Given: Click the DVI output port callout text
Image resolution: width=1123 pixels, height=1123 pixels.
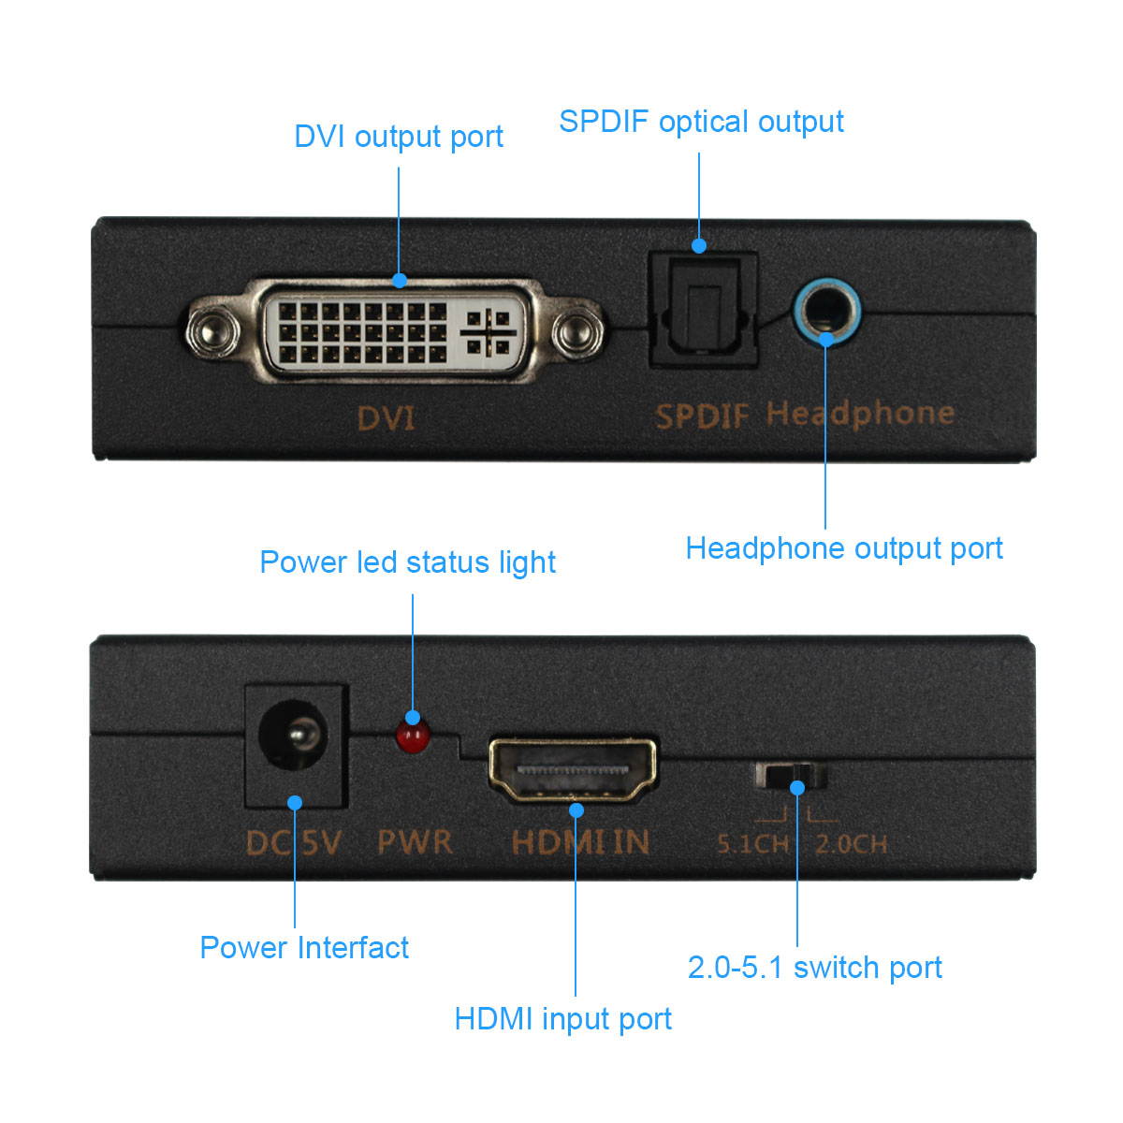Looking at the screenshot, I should coord(399,137).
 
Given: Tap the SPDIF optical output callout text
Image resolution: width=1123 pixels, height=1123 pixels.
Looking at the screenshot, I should coord(701,122).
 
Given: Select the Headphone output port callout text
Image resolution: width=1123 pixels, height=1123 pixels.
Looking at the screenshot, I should coord(844,548).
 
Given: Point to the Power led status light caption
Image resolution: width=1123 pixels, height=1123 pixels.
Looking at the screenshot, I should coord(407,562).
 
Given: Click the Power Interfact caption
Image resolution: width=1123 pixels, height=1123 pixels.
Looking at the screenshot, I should coord(304,948).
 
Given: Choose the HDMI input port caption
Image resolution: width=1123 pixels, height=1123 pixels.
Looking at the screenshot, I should coord(562,1019).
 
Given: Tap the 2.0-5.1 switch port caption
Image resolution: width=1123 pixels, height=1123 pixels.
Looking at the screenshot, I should coord(814,968).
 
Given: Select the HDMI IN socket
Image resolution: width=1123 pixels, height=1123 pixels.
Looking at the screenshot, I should coord(573,769).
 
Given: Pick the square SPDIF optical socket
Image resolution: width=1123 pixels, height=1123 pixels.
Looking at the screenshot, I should coord(702,309).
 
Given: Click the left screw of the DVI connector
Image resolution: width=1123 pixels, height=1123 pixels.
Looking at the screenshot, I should coord(210,331).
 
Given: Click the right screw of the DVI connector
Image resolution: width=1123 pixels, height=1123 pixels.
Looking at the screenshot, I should coord(574,331).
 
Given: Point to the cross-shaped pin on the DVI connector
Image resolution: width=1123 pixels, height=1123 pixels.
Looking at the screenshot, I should coord(487,332).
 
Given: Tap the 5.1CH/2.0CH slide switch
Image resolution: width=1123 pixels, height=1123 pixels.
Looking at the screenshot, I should coord(792,776).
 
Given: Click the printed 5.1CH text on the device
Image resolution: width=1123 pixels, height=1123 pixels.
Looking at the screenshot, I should coord(752,844).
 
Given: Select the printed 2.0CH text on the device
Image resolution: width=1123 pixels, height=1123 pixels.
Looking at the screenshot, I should coord(851,844).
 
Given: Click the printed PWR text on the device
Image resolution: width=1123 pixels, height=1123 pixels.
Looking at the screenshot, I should coord(415,841).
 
